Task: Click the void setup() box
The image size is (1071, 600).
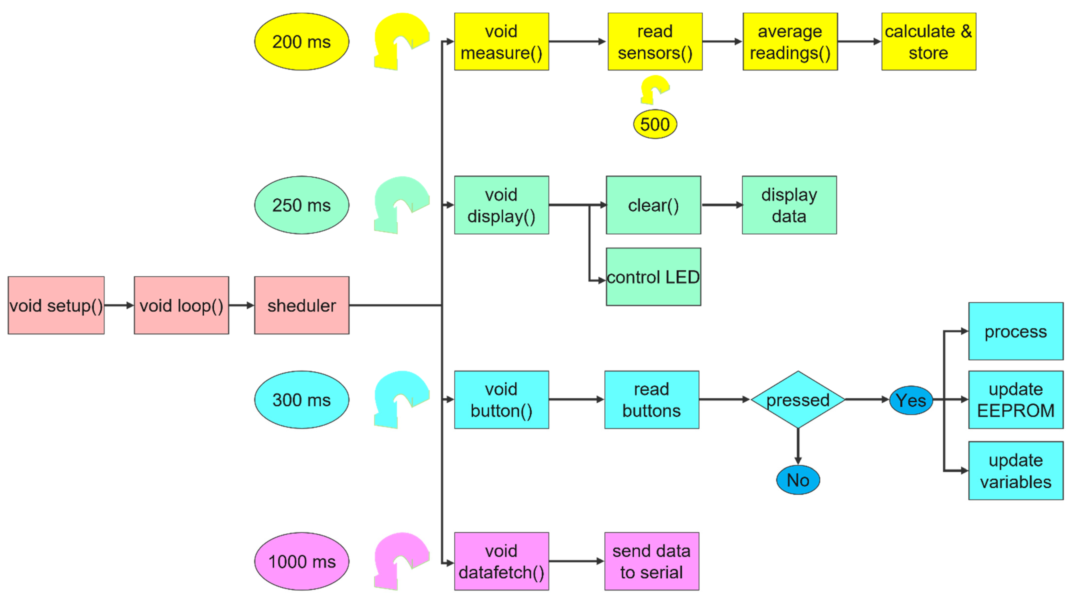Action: (56, 306)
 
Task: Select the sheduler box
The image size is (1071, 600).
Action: (302, 306)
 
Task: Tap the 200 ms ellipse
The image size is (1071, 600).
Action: (302, 42)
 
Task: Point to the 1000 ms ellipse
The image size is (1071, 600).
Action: (302, 561)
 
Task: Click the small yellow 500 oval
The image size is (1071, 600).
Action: (655, 124)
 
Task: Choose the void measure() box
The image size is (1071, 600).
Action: (501, 42)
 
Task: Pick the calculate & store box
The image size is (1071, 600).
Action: (928, 42)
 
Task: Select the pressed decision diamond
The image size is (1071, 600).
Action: (798, 400)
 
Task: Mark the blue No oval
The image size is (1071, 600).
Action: (798, 480)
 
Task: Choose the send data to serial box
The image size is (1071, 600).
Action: (652, 561)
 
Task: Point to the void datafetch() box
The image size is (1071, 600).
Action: (501, 561)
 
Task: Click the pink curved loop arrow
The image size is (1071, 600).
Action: (399, 557)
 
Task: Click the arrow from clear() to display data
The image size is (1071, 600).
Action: (721, 205)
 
